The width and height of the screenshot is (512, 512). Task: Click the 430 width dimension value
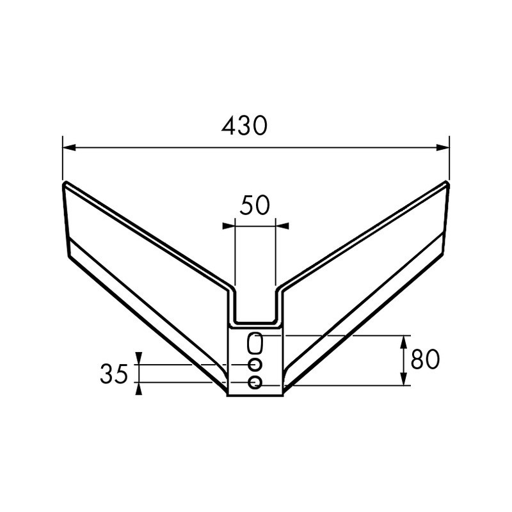point(244,126)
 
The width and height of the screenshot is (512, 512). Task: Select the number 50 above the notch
point(255,206)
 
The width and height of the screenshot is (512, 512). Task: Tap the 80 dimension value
point(425,360)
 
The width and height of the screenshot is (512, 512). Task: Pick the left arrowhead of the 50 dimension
point(228,225)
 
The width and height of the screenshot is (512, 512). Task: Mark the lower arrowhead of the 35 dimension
point(139,388)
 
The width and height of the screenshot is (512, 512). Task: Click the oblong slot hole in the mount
point(255,344)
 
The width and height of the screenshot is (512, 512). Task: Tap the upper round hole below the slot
point(255,365)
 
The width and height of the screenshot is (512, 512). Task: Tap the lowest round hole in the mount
point(255,383)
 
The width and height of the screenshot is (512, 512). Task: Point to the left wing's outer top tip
point(65,184)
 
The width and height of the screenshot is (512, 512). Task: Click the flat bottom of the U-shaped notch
point(255,322)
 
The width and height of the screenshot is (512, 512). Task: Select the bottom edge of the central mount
point(255,396)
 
